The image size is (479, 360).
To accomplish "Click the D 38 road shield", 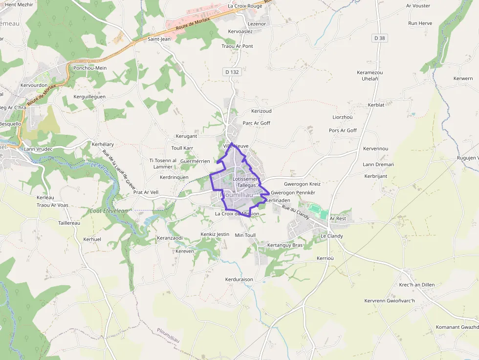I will (x=379, y=38).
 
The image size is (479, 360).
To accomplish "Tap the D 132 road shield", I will (x=232, y=72).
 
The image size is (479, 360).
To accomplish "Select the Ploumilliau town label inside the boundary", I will (x=237, y=195).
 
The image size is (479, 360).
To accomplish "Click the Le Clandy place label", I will (x=331, y=236).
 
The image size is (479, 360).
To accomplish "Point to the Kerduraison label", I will (x=239, y=279).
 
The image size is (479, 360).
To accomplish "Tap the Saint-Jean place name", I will (x=159, y=39).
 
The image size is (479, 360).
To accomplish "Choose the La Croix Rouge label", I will (x=245, y=6).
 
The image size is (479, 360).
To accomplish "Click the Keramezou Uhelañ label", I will (x=370, y=75).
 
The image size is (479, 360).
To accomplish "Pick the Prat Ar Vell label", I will (x=146, y=192).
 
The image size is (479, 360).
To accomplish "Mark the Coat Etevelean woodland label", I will (x=108, y=211).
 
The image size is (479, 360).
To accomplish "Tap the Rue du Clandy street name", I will (x=296, y=212).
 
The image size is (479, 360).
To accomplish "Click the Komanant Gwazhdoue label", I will (x=457, y=327).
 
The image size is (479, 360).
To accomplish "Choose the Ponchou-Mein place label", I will (x=89, y=68).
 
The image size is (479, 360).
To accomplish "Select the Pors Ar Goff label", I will (x=343, y=130).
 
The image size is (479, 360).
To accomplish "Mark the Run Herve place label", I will (x=420, y=23).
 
